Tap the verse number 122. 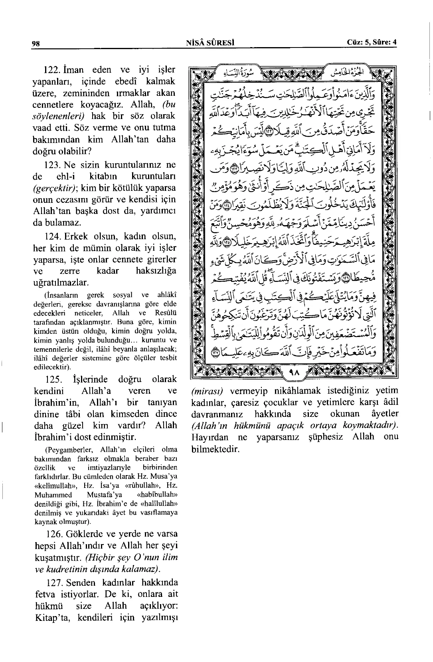[51, 70]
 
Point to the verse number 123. [51, 165]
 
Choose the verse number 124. [51, 236]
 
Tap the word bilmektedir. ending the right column [216, 449]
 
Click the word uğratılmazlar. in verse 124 [61, 283]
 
